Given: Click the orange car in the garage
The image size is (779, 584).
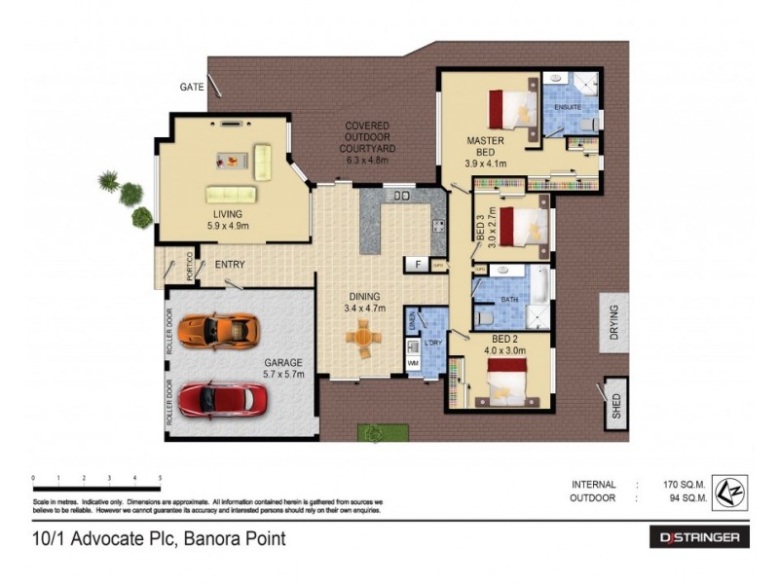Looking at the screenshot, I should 221,330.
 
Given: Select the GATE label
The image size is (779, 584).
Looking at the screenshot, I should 192,87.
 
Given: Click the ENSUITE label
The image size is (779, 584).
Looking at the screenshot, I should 567,106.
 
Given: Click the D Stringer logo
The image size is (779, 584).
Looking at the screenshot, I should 699,537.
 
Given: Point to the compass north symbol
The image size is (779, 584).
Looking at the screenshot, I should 724,491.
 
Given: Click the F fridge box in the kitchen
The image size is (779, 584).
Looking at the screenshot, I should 416,264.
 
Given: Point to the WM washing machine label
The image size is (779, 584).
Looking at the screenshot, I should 413,362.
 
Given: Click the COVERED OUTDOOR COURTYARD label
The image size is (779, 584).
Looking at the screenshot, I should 367,141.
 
